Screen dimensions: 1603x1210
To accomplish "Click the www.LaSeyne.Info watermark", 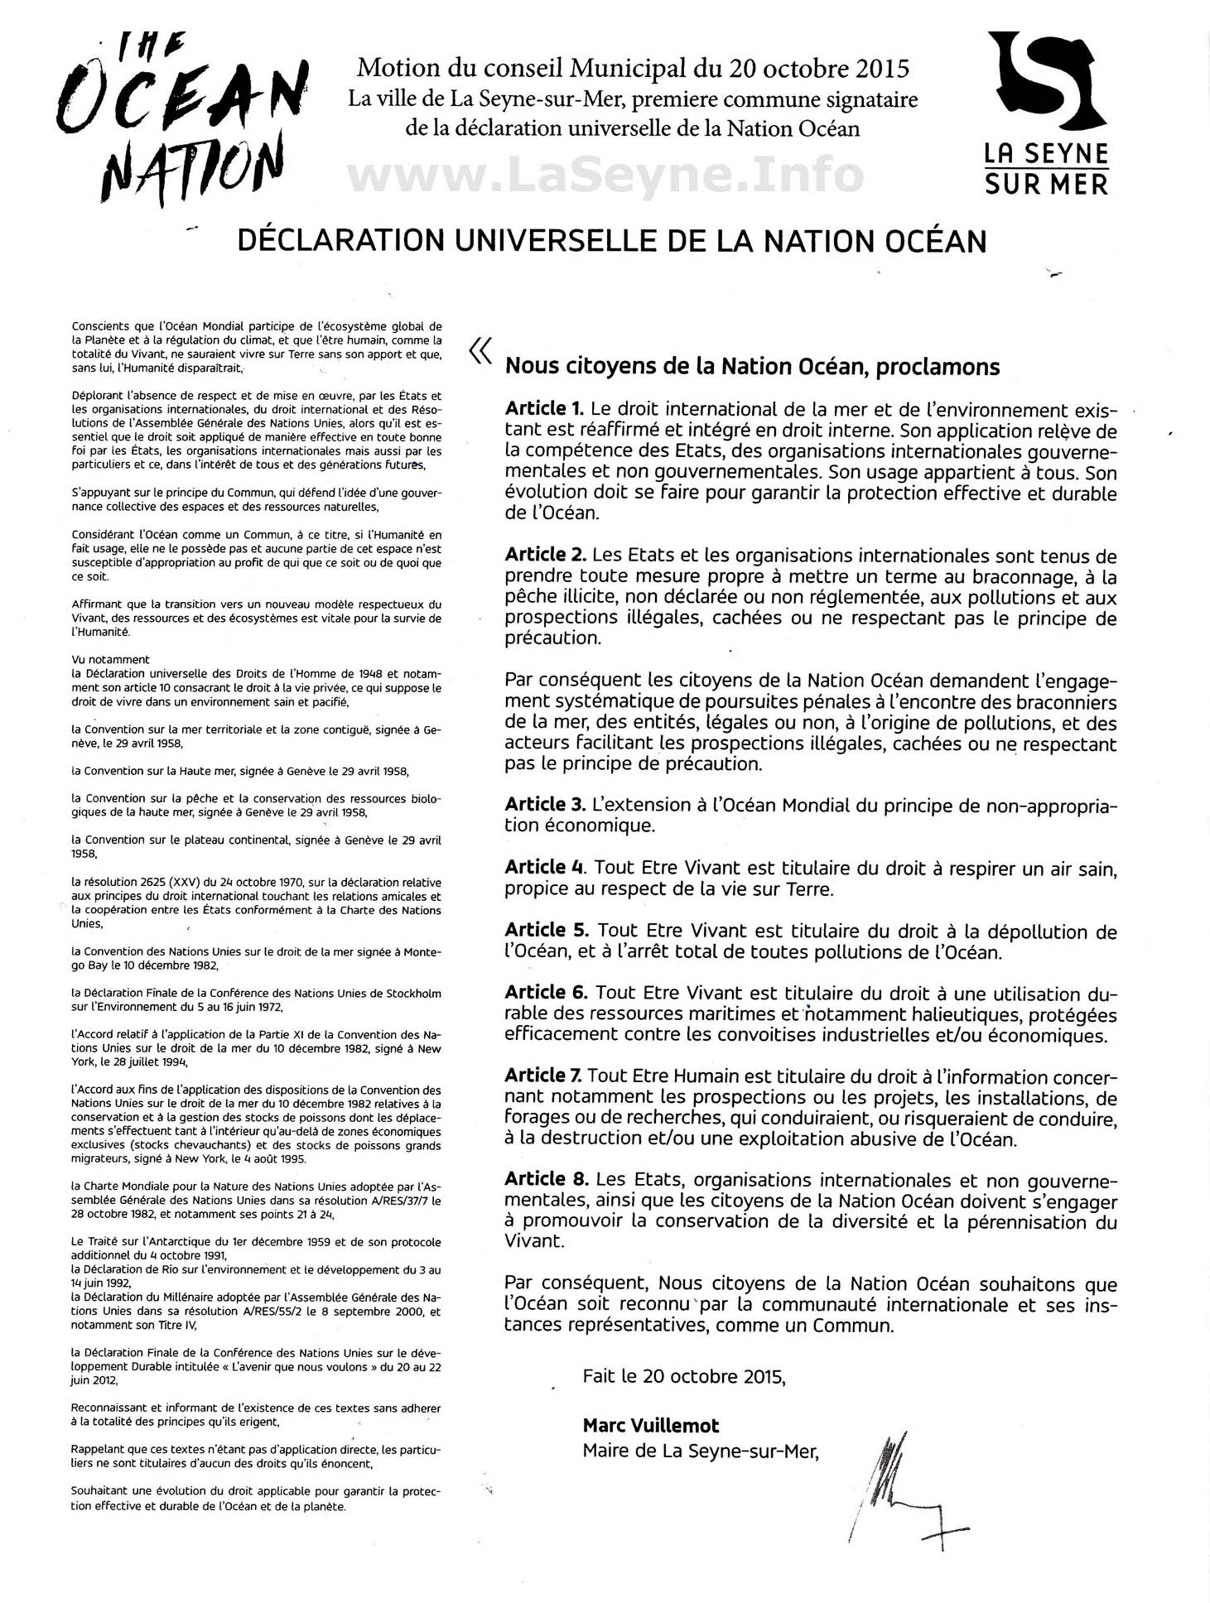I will (605, 175).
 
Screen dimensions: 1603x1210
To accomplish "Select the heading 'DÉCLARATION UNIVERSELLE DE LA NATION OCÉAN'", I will (612, 241).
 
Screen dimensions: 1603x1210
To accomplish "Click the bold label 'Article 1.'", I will (545, 409).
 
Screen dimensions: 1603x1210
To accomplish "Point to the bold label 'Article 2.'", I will (545, 556).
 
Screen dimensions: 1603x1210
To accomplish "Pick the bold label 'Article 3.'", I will (545, 805).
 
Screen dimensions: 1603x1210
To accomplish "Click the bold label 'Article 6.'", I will (545, 993).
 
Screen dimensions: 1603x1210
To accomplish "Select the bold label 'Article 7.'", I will (543, 1076).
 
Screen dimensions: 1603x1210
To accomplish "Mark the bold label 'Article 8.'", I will (545, 1179).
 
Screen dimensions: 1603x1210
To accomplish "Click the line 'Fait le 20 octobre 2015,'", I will (684, 1376).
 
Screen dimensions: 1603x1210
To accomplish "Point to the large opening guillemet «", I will (480, 352).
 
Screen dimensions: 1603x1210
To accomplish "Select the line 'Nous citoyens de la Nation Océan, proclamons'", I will (752, 366).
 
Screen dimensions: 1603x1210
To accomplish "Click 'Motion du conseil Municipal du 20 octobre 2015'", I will (633, 68).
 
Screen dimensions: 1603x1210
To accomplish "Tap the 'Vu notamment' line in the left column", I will (110, 660).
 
